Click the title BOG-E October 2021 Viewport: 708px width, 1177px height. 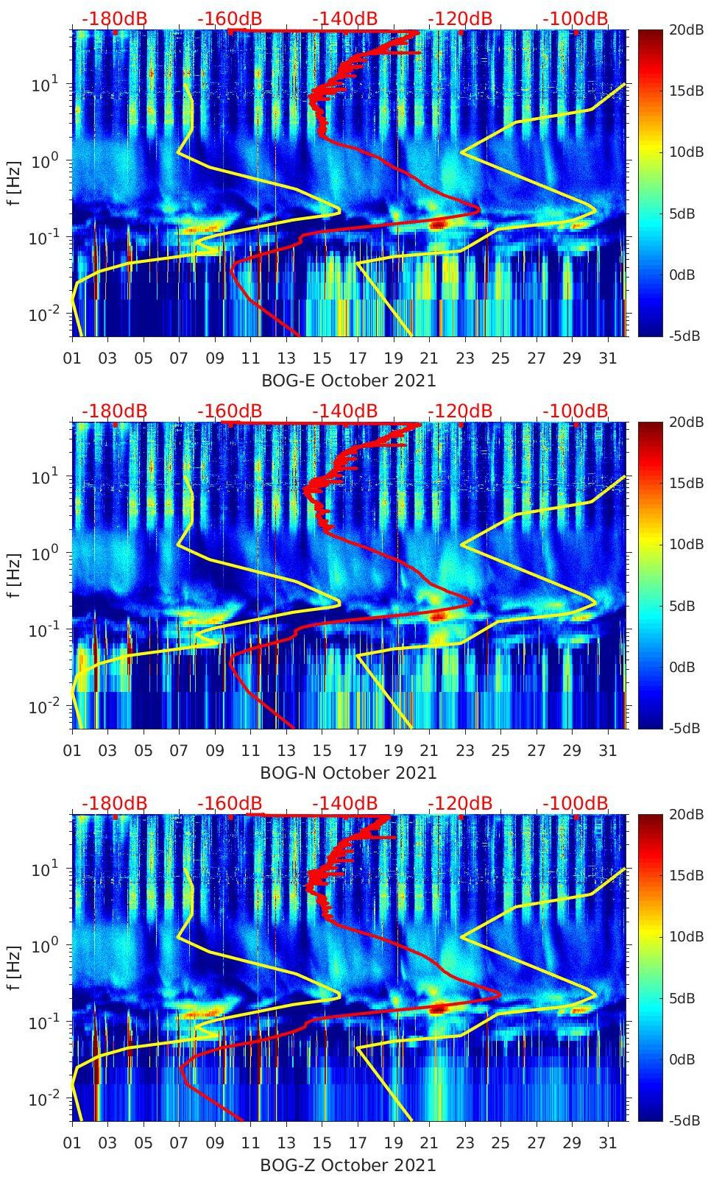[349, 381]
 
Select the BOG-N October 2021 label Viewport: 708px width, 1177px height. [349, 773]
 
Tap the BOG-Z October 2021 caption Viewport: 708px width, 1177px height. [349, 1165]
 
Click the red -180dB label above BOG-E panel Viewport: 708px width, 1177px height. [114, 18]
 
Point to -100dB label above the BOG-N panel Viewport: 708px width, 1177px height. [576, 411]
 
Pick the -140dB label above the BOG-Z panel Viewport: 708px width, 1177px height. [344, 803]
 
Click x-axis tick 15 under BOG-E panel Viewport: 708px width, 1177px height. [322, 358]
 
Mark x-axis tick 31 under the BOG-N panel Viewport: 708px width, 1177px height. [607, 751]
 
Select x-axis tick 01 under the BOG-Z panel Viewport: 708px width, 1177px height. [72, 1143]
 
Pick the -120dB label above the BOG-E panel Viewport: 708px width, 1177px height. [460, 18]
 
